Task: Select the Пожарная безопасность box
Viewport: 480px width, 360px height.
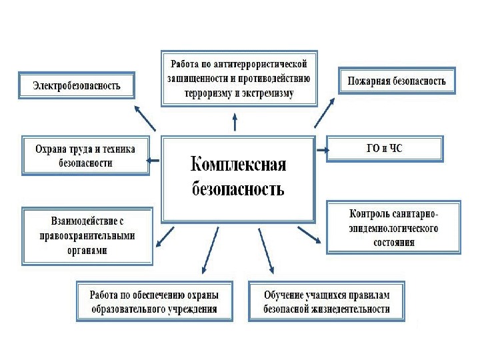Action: tap(397, 81)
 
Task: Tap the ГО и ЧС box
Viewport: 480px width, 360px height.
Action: tap(385, 149)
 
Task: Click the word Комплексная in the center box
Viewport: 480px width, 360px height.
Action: tap(239, 164)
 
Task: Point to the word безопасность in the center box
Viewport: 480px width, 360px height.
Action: tap(238, 189)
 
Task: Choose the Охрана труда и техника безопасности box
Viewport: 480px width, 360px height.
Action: tap(85, 156)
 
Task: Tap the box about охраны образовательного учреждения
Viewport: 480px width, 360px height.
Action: tap(155, 301)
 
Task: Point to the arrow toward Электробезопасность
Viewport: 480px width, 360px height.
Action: tap(145, 117)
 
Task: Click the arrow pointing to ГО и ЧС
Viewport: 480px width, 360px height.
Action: tap(321, 150)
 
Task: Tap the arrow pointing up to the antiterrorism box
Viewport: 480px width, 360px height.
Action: tap(234, 123)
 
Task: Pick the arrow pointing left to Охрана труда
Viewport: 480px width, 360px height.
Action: tap(153, 159)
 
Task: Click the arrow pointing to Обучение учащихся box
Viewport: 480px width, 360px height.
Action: tap(266, 249)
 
